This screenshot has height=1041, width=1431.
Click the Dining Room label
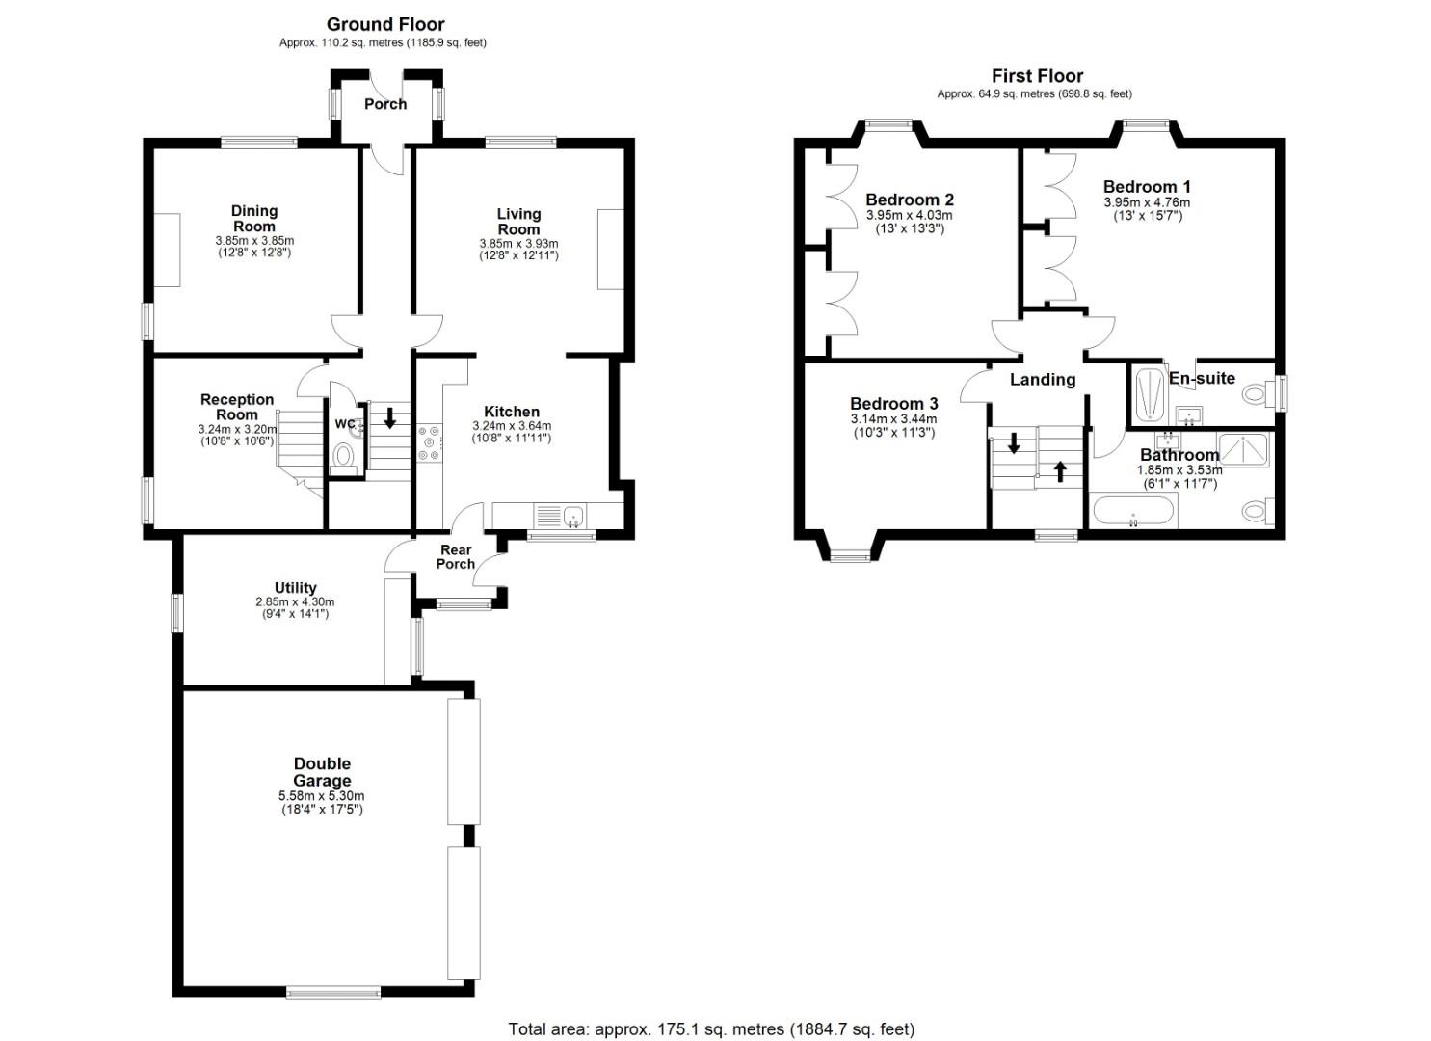click(254, 219)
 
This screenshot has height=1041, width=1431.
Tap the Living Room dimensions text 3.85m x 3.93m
click(518, 244)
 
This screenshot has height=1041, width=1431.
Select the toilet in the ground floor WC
click(343, 454)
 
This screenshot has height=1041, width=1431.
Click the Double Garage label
click(322, 772)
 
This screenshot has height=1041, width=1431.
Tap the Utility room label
click(295, 587)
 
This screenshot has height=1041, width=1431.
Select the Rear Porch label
click(456, 556)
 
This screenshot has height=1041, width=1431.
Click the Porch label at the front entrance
click(385, 104)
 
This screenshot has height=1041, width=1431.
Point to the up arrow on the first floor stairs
click(1061, 471)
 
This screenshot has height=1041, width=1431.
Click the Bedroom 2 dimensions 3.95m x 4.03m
click(909, 215)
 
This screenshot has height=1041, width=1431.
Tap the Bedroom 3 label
click(893, 403)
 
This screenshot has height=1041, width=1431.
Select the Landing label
click(1042, 380)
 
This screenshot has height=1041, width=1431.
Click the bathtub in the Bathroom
click(1133, 512)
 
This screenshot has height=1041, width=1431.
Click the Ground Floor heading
click(385, 24)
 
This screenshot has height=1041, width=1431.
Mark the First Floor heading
click(1037, 76)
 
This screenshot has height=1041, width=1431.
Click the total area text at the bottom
click(711, 1028)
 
